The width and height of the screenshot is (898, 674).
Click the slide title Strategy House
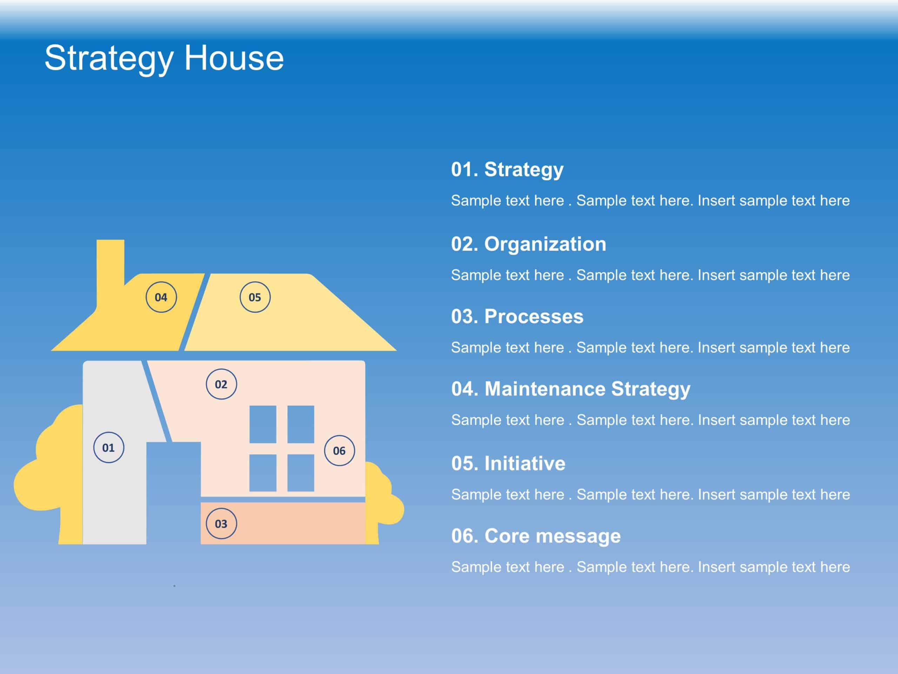click(x=164, y=58)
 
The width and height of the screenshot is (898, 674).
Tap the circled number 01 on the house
click(x=108, y=447)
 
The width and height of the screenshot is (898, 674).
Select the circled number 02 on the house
click(x=221, y=384)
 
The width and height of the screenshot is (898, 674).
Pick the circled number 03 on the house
click(x=221, y=524)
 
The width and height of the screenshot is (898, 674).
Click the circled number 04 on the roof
click(x=161, y=297)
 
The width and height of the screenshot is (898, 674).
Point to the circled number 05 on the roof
click(x=255, y=297)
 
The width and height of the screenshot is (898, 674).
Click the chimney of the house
click(x=110, y=264)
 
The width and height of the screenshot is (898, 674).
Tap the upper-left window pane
click(x=263, y=424)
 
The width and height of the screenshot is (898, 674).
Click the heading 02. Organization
click(x=529, y=244)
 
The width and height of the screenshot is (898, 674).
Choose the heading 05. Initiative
click(x=508, y=463)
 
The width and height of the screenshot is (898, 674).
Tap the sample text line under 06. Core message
click(x=650, y=567)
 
